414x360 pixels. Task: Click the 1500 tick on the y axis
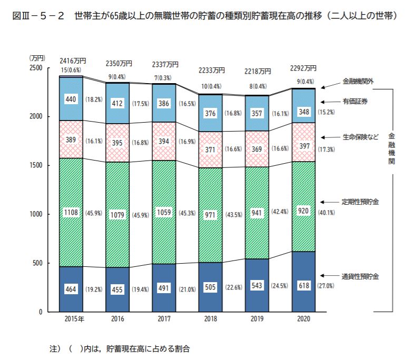point(36,165)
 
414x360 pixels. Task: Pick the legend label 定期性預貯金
point(360,202)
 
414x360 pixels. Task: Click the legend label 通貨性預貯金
point(360,276)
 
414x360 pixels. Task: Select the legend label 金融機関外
point(358,82)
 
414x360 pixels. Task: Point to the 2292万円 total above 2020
point(303,68)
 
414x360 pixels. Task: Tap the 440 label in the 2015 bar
point(71,99)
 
